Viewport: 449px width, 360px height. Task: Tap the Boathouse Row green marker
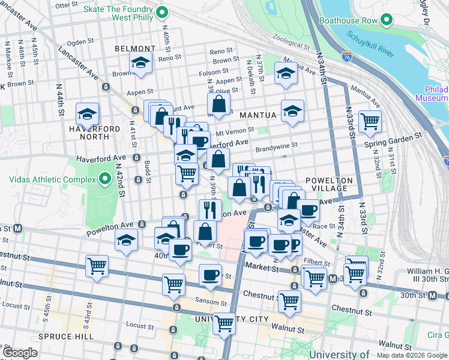click(x=387, y=20)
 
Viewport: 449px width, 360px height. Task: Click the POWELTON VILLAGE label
click(x=326, y=184)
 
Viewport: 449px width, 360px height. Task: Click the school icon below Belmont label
click(x=140, y=63)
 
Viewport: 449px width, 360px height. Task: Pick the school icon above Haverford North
click(x=87, y=113)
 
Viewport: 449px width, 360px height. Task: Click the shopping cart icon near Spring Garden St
click(x=370, y=122)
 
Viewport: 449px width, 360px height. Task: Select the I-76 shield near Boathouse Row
click(x=347, y=56)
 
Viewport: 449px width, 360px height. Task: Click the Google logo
click(x=20, y=353)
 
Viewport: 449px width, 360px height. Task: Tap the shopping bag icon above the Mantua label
click(x=220, y=103)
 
